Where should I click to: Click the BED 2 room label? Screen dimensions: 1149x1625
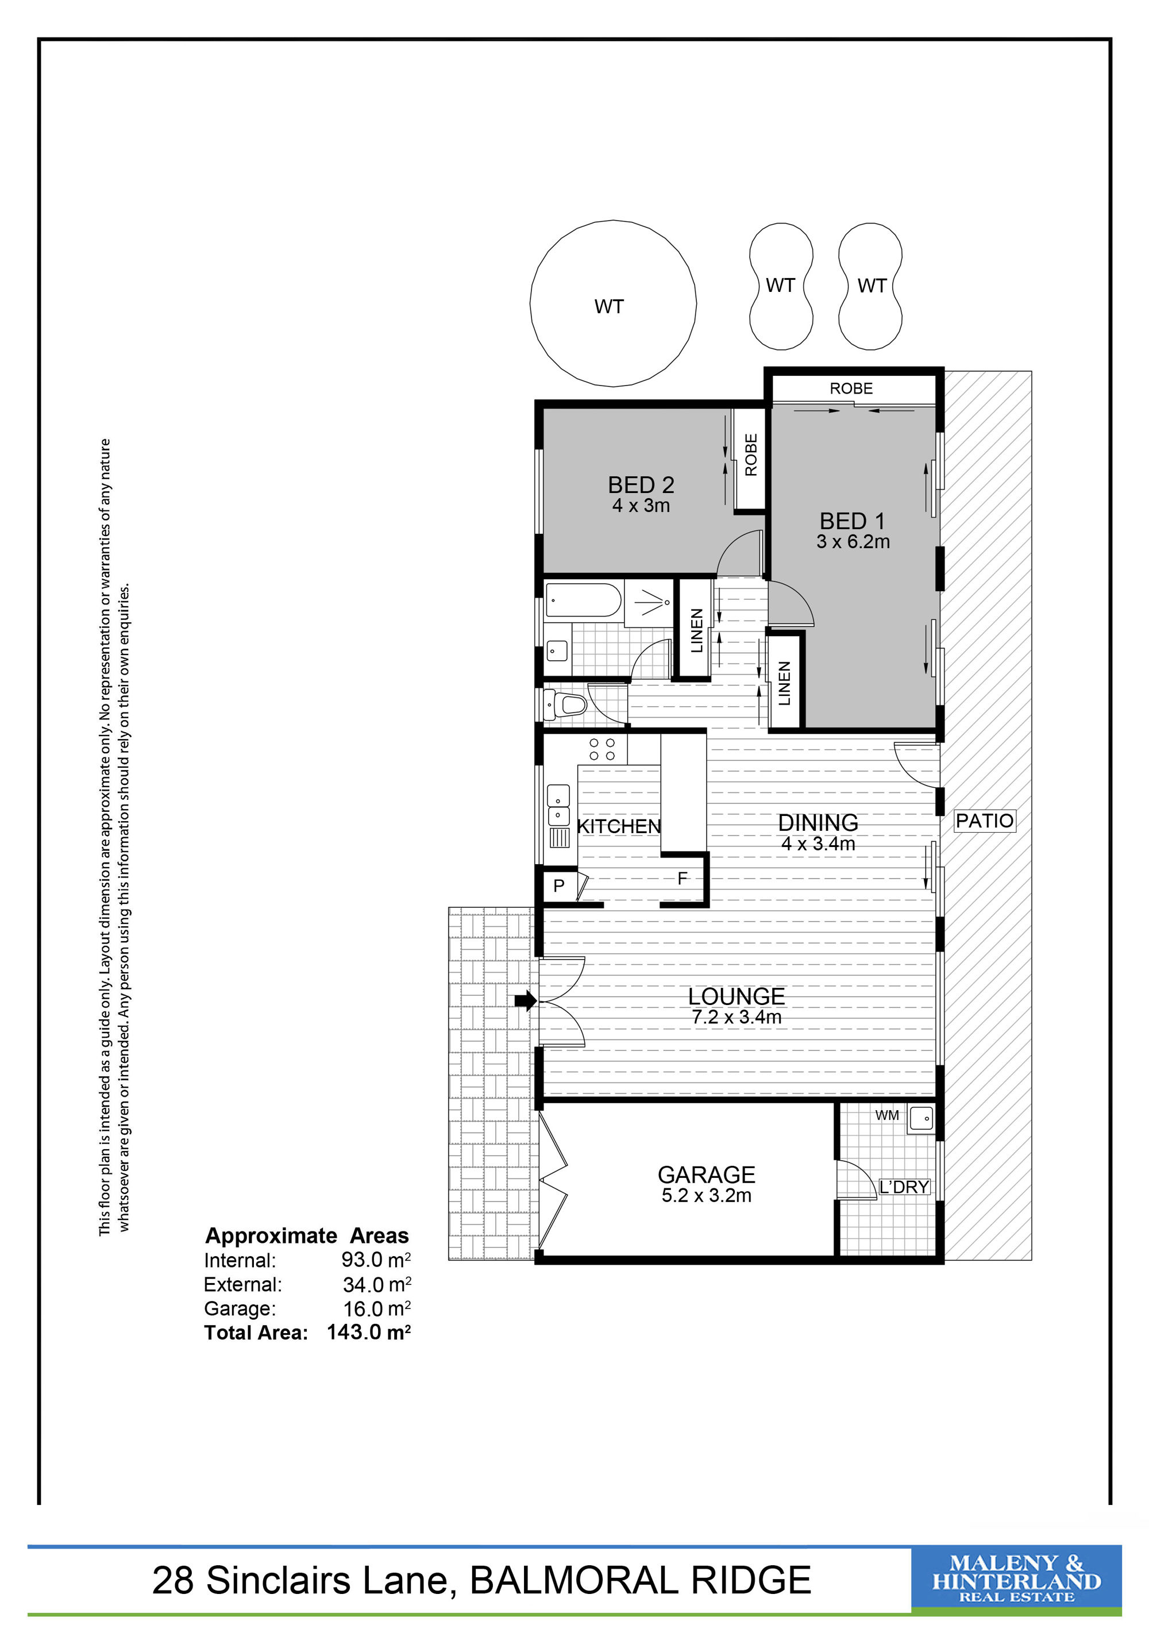[641, 485]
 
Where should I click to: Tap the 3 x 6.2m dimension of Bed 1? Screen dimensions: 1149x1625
[853, 542]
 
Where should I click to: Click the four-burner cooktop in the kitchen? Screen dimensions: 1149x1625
[603, 749]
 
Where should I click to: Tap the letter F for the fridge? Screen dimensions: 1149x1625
[682, 879]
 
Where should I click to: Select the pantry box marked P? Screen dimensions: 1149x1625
[560, 885]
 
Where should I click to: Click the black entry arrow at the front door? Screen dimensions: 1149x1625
[526, 1001]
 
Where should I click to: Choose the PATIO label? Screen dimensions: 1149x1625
[984, 821]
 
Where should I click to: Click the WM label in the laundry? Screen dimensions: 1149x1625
[886, 1115]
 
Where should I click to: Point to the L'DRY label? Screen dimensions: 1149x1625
[904, 1187]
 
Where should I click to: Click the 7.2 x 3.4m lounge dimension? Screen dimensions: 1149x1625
[737, 1018]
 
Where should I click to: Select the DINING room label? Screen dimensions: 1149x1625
[818, 822]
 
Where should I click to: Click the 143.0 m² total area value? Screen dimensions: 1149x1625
[369, 1332]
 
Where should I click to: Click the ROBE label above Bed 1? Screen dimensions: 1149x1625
[851, 388]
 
